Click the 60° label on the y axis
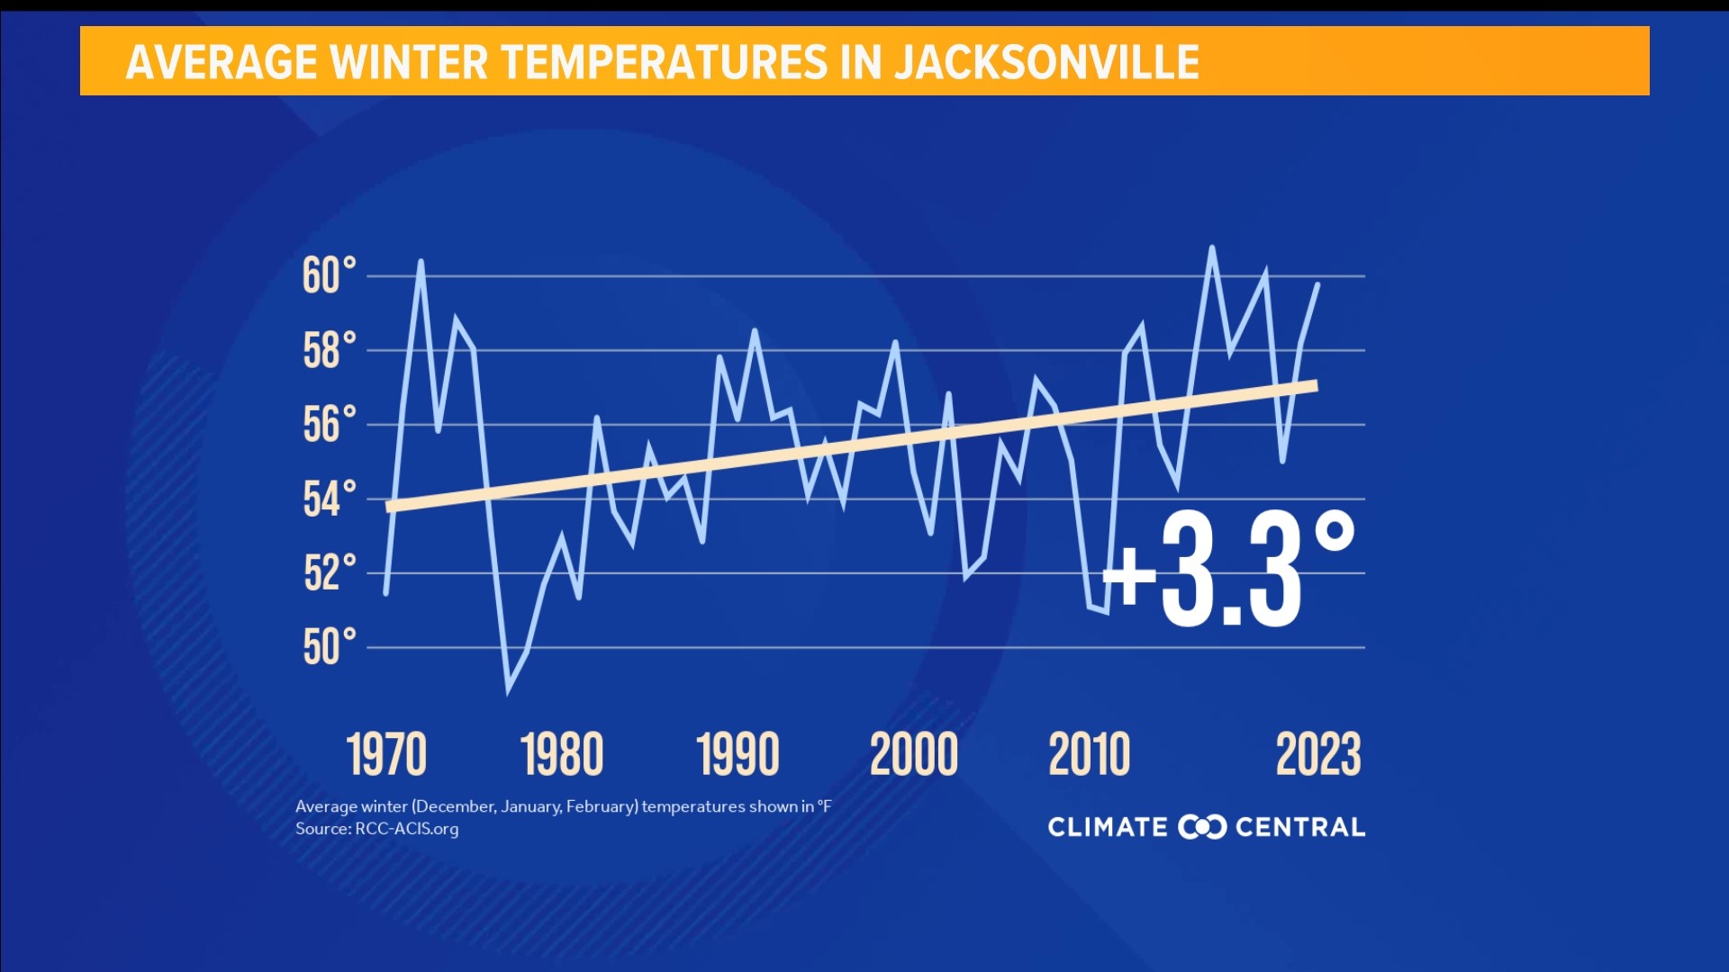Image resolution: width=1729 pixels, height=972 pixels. click(x=329, y=275)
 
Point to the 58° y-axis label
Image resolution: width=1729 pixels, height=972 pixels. click(x=329, y=350)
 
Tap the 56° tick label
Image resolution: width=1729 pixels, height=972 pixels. click(x=329, y=425)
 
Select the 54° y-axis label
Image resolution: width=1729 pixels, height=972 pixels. click(x=329, y=499)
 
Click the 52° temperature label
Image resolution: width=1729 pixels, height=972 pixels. click(x=329, y=573)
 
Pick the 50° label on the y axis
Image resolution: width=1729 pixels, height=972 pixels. click(x=329, y=647)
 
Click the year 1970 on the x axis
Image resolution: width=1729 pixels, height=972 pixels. click(x=386, y=754)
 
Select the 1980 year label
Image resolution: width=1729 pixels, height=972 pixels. click(x=562, y=754)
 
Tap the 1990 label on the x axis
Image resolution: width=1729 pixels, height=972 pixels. click(x=738, y=754)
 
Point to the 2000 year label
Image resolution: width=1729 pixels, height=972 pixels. click(x=914, y=754)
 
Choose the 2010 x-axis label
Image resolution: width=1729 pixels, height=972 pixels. click(x=1089, y=754)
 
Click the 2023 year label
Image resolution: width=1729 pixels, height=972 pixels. click(x=1318, y=754)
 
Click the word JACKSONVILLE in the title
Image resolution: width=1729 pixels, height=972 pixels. click(x=1046, y=62)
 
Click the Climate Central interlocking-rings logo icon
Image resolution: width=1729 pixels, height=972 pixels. click(x=1202, y=826)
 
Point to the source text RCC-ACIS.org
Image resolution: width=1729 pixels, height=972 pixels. click(x=406, y=829)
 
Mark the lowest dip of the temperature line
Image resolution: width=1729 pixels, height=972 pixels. click(x=509, y=691)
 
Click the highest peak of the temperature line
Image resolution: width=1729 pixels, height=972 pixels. click(x=1212, y=247)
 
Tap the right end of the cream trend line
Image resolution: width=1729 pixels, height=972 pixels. click(x=1316, y=386)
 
